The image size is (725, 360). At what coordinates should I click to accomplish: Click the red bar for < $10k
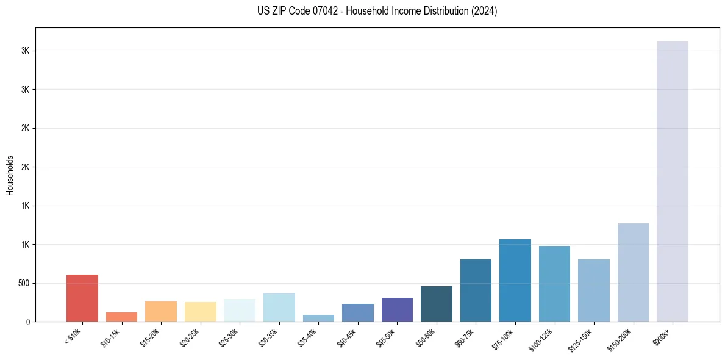(x=82, y=298)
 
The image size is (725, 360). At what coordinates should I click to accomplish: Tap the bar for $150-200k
(x=633, y=273)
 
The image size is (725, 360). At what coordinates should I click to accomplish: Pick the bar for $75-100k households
(x=515, y=281)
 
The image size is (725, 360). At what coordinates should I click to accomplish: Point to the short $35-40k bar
(x=318, y=318)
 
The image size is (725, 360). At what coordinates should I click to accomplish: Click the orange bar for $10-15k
(x=121, y=317)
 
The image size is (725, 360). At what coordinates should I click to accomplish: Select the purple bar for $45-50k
(x=397, y=310)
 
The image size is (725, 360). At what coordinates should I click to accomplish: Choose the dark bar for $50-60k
(x=437, y=304)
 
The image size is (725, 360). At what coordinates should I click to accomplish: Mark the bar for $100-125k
(x=554, y=284)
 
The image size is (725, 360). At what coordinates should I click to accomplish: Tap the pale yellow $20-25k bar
(x=200, y=312)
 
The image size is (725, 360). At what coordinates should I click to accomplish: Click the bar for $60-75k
(x=476, y=290)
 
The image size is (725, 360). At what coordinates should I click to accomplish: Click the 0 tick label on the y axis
(x=28, y=322)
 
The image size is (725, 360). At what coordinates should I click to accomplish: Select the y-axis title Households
(x=10, y=175)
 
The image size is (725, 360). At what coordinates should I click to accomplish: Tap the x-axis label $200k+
(x=667, y=336)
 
